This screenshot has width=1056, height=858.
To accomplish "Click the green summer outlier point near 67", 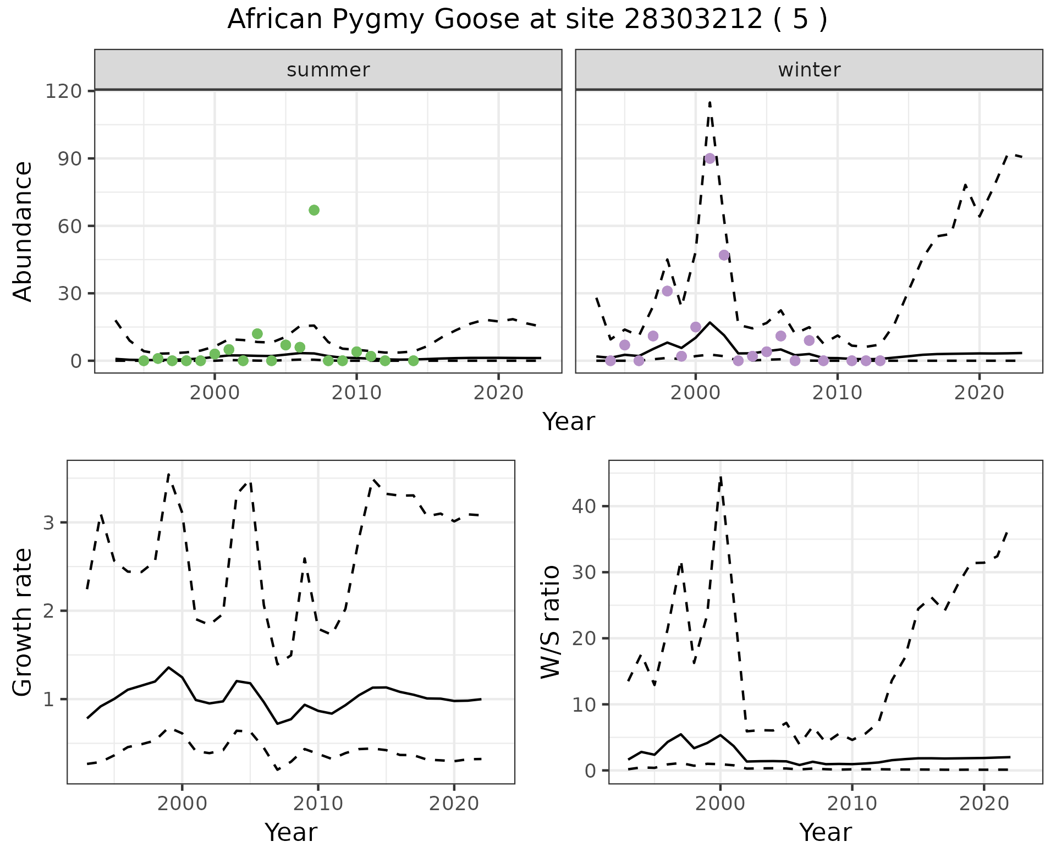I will (314, 210).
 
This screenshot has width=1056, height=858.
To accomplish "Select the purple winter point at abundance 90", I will (710, 158).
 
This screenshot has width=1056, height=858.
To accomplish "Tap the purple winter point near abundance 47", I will (724, 255).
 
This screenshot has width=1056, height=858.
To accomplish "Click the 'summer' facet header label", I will (328, 70).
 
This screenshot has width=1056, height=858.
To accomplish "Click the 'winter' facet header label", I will (809, 70).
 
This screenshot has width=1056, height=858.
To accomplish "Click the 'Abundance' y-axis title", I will (23, 232).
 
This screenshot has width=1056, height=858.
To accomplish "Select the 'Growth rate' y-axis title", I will (23, 623).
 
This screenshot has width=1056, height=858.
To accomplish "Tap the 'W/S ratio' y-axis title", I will (551, 621).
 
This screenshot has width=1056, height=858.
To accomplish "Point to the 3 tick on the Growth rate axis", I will (48, 522).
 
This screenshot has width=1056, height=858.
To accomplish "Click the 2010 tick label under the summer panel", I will (356, 393).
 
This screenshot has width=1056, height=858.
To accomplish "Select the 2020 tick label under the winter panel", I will (979, 393).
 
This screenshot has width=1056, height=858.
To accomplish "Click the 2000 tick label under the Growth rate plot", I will (183, 804).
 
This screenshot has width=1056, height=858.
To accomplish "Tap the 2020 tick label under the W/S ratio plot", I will (984, 804).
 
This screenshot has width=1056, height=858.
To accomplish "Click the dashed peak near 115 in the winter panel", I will (710, 102).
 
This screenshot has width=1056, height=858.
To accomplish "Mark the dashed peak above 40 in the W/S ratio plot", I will (721, 477).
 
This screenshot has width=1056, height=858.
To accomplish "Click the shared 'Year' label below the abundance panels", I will (569, 422).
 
